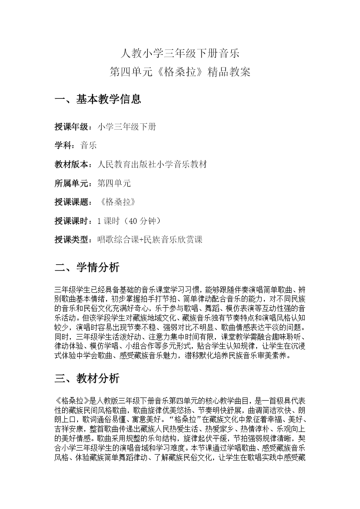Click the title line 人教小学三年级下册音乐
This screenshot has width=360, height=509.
(180, 54)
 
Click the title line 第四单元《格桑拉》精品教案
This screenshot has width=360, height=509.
(180, 73)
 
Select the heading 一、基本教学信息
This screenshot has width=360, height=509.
(97, 99)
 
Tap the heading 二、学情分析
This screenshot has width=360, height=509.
(87, 267)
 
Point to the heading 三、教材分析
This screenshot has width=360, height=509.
(87, 378)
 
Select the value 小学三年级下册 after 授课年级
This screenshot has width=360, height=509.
(126, 127)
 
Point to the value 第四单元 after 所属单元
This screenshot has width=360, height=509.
(114, 183)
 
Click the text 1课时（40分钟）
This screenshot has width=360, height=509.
(129, 221)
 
